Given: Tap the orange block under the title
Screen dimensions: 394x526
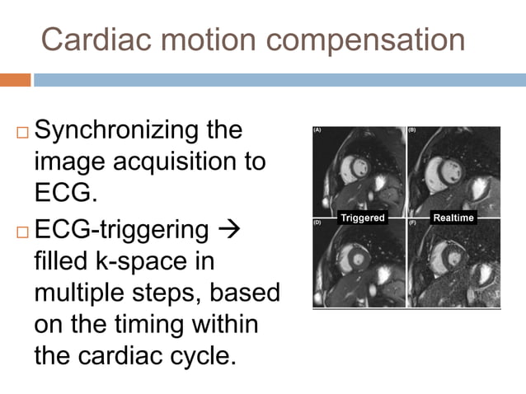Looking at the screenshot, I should coord(15,80).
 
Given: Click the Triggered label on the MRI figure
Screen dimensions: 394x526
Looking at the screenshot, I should coord(364,218).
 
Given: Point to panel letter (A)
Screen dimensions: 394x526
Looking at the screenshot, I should coord(318,130).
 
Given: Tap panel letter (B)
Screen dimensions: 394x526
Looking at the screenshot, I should coord(412,130).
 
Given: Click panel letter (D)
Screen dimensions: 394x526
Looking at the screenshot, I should coord(318,223).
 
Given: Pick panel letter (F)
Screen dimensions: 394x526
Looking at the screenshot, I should coord(412,223).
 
